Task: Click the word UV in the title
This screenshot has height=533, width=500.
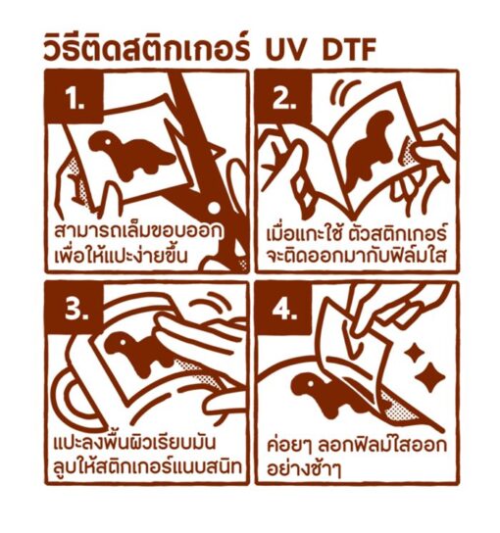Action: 289,50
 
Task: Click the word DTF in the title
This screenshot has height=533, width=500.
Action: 349,50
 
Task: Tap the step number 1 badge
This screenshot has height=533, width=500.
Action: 75,97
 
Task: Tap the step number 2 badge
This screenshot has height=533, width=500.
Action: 283,97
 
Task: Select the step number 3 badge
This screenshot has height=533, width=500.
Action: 75,308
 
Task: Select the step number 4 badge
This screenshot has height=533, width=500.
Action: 283,308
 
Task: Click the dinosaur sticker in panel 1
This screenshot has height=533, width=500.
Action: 131,154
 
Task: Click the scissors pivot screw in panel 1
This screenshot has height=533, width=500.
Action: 214,208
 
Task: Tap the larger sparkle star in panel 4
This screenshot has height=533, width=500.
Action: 430,376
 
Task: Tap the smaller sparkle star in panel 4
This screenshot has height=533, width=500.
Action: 415,354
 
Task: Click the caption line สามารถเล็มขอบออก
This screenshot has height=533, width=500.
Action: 139,231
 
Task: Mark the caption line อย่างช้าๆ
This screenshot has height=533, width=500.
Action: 304,468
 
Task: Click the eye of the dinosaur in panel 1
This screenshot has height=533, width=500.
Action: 108,140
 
